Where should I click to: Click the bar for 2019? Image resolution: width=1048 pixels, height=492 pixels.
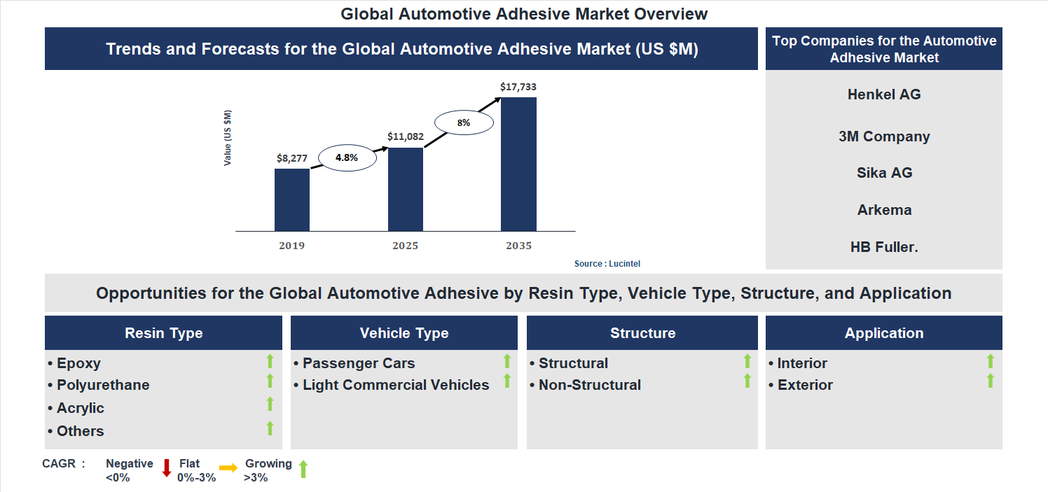(x=292, y=199)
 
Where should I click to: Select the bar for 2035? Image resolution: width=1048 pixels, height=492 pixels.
(x=518, y=164)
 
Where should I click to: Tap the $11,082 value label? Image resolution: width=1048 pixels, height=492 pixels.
(x=406, y=137)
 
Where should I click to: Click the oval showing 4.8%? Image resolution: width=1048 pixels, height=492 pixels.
(x=347, y=158)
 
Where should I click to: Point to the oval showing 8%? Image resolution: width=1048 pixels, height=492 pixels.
(x=464, y=122)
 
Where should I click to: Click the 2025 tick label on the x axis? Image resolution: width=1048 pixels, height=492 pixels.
(x=406, y=246)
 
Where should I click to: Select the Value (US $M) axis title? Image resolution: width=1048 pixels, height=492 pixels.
(x=228, y=138)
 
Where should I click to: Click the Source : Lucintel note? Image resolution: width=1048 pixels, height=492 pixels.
(x=607, y=264)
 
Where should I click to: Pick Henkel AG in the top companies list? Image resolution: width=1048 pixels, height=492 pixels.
(x=884, y=94)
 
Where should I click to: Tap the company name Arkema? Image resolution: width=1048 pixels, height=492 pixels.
(x=884, y=210)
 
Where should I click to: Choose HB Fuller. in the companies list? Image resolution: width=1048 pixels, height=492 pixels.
(x=884, y=247)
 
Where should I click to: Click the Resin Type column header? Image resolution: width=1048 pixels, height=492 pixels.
(x=163, y=333)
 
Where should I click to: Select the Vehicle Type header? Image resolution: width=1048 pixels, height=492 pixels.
(x=404, y=333)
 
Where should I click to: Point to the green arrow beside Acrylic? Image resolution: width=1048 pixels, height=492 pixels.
(x=270, y=404)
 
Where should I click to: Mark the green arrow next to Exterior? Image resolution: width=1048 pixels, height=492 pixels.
(x=991, y=381)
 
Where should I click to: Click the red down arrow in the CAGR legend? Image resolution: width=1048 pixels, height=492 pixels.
(x=167, y=468)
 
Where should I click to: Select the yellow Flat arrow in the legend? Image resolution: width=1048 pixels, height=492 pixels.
(x=228, y=468)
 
